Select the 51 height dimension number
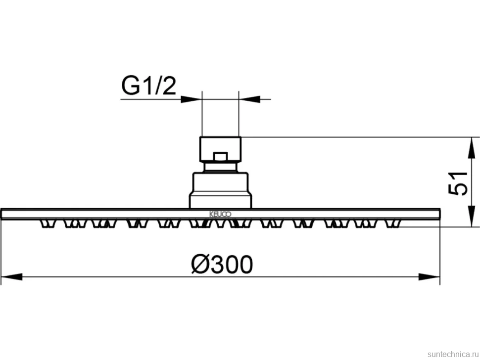458,184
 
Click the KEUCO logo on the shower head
220,214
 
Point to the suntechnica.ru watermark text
453,354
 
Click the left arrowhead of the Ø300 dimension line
12,277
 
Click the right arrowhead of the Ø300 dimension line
430,277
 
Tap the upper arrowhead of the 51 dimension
472,148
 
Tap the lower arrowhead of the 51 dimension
472,216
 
